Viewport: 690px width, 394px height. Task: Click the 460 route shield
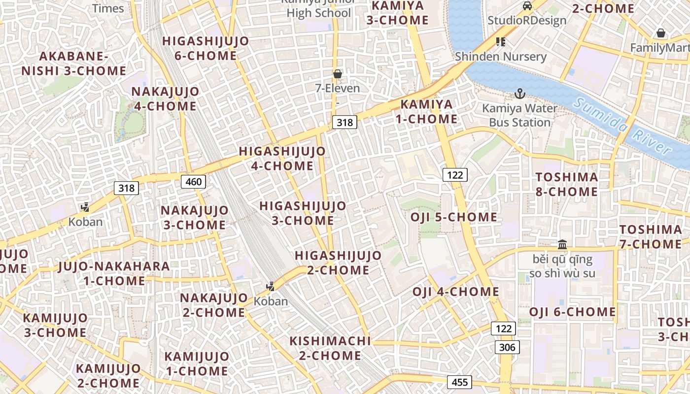pos(194,182)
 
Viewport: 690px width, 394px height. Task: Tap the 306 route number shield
pos(507,348)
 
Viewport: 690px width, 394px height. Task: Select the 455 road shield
pos(459,382)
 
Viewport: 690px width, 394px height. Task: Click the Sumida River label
pos(623,126)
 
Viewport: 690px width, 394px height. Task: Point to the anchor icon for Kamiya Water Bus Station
pos(519,93)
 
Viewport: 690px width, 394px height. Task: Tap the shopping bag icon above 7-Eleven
pos(338,74)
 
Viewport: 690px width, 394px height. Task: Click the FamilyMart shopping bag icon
pos(661,33)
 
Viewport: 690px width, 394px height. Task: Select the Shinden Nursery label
pos(501,56)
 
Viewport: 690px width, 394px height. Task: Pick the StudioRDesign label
pos(527,20)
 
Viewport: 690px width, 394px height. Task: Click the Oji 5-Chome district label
pos(454,217)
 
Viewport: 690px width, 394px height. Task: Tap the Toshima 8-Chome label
pos(567,184)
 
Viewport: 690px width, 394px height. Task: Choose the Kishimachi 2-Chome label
pos(330,348)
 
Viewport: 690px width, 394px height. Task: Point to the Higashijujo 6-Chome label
pos(206,48)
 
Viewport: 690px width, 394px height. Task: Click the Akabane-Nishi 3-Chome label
pos(74,63)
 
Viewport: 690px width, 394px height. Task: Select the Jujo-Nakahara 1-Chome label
pos(114,273)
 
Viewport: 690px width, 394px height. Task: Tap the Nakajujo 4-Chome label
pos(165,98)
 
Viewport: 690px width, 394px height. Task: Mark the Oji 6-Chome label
pos(572,312)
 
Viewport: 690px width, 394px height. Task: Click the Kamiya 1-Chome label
pos(429,111)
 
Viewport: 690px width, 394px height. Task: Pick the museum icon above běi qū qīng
pos(562,244)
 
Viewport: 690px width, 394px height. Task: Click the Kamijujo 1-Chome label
pos(197,363)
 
